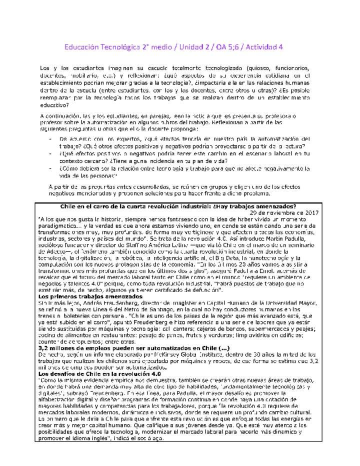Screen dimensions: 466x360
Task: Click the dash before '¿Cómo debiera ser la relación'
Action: point(51,169)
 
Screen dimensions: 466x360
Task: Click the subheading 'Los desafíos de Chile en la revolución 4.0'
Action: point(100,373)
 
